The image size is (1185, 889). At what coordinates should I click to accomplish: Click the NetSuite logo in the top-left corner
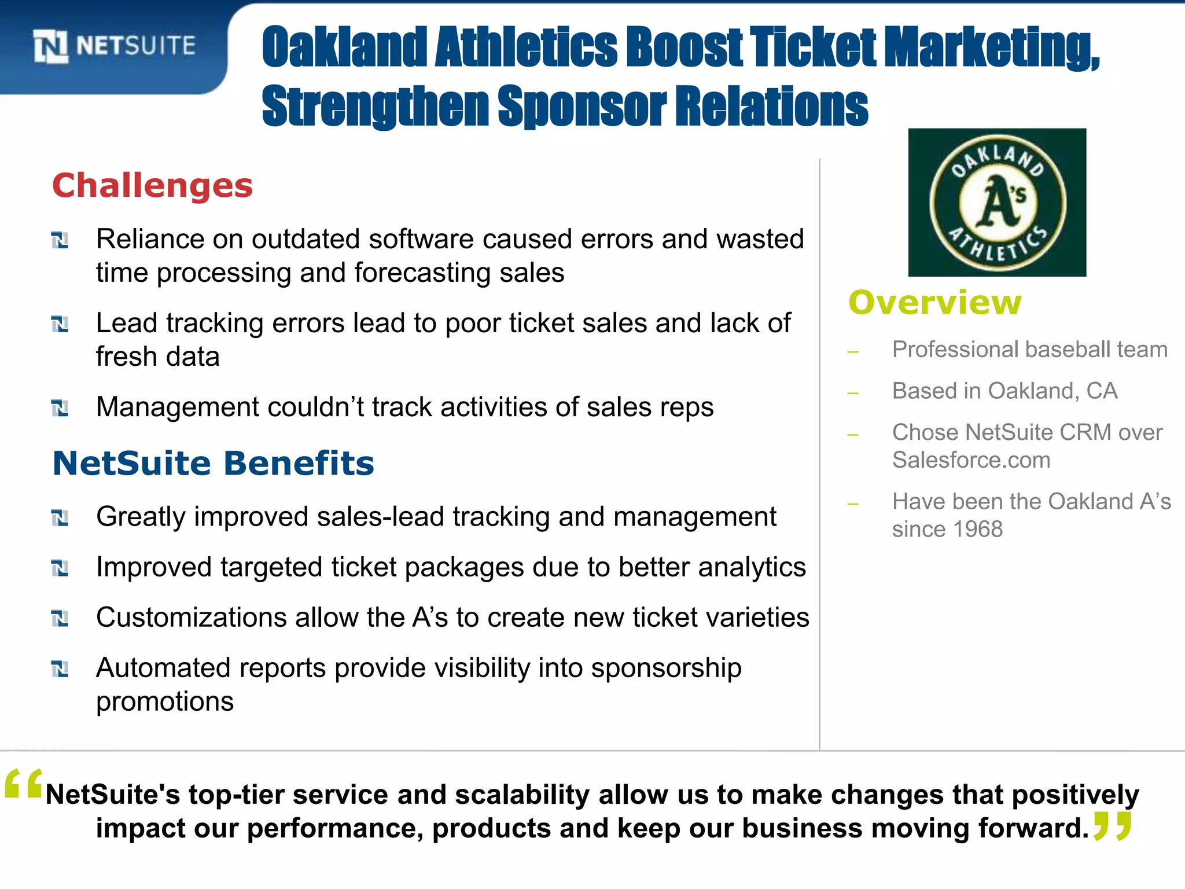[115, 46]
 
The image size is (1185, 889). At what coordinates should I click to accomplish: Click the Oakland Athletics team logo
[997, 203]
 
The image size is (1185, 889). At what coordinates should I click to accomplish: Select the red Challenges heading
[153, 186]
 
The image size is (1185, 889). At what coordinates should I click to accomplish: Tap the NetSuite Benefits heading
[214, 464]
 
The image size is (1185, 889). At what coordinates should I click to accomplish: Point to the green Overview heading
[935, 303]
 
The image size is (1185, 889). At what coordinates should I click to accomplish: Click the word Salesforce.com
[971, 460]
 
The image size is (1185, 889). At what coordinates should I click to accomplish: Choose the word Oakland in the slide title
[344, 47]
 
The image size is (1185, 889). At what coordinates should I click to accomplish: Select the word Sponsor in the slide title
[582, 106]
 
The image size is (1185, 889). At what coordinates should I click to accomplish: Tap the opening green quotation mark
[23, 785]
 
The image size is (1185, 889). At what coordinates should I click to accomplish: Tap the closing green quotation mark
[1112, 825]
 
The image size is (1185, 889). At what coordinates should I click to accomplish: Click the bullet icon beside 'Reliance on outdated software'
[60, 240]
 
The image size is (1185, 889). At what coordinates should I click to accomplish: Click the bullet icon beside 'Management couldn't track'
[60, 408]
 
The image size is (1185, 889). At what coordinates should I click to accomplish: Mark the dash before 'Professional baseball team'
[853, 351]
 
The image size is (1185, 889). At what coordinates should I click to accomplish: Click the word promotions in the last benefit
[165, 701]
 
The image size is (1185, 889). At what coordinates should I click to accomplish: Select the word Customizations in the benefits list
[191, 618]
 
